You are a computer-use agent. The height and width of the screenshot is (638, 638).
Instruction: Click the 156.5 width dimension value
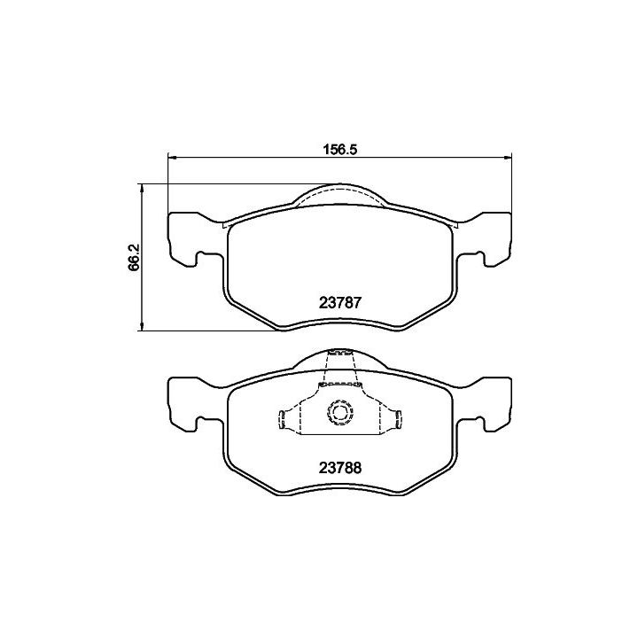click(x=339, y=150)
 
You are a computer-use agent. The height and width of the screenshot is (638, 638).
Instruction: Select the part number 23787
click(x=340, y=303)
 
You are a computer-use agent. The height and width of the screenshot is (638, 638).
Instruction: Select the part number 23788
click(x=340, y=468)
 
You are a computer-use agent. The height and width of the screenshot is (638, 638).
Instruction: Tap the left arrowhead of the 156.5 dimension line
click(x=172, y=158)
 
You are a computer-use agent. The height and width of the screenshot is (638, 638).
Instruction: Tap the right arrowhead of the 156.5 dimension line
click(x=507, y=158)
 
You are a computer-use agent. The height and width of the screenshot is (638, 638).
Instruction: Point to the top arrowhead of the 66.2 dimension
click(x=142, y=188)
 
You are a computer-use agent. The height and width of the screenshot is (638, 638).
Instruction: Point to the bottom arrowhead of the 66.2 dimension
click(x=142, y=326)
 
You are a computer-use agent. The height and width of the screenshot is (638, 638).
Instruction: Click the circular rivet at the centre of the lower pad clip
click(x=338, y=413)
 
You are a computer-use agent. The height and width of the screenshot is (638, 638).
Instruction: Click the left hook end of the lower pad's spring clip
click(x=282, y=419)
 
